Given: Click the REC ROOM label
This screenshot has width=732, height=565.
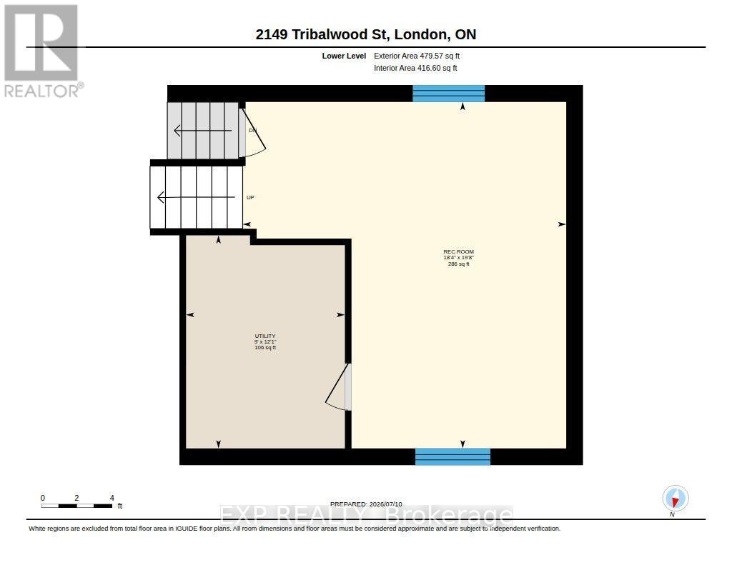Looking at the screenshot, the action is (458, 251).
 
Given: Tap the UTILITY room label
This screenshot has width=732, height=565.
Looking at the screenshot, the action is (265, 336).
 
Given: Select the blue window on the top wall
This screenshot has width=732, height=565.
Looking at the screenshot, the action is (449, 94).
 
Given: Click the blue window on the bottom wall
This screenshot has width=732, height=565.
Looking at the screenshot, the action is (452, 456).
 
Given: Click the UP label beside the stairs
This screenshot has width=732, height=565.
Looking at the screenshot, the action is (250, 197).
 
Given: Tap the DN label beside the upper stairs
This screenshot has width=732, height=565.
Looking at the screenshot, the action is (252, 130).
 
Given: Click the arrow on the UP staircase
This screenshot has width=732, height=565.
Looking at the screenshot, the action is (196, 197).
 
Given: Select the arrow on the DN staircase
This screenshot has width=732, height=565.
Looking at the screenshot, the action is (202, 131).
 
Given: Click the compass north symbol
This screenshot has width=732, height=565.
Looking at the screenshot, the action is (675, 499).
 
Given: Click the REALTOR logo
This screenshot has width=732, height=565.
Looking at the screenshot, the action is (43, 51).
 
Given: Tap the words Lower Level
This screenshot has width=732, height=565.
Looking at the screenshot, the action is (344, 56).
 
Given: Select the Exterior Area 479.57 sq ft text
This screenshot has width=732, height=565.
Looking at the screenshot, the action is (417, 56).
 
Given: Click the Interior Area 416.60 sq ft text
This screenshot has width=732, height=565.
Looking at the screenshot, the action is (415, 68).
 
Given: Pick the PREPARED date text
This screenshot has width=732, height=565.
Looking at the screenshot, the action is (366, 504).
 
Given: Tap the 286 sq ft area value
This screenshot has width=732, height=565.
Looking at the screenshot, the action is (458, 264).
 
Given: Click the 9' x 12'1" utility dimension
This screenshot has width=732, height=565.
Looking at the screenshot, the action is (265, 341).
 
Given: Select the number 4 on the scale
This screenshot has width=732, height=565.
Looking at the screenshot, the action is (112, 498).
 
